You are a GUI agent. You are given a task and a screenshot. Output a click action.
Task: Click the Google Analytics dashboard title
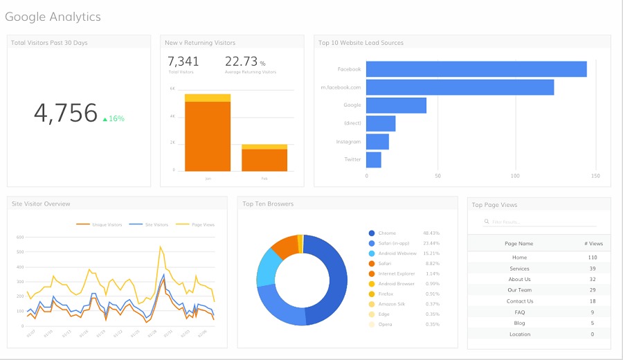53,17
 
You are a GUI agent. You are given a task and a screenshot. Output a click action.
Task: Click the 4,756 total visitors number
66,114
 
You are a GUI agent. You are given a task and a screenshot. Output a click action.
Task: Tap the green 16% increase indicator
114,118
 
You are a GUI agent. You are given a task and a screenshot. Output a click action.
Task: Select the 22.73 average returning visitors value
240,62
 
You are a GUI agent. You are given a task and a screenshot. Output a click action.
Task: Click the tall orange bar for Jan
208,136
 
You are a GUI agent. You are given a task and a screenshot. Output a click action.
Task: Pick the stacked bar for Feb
264,158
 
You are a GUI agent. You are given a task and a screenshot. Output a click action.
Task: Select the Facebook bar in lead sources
476,69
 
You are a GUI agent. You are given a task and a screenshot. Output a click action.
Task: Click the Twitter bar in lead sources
374,159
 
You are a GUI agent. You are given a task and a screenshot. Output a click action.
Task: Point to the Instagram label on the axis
348,141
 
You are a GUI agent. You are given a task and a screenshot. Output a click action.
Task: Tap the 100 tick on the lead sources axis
515,176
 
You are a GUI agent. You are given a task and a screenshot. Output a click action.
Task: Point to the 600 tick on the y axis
19,237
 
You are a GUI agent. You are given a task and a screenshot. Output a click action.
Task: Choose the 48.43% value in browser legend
431,233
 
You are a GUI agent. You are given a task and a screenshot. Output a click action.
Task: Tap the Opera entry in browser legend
385,324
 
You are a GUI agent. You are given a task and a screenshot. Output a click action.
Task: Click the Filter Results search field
540,222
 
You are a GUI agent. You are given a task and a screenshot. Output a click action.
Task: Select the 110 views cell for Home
593,258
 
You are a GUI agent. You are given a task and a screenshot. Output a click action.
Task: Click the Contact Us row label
520,301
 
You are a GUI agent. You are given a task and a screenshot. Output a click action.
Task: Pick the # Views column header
593,244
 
